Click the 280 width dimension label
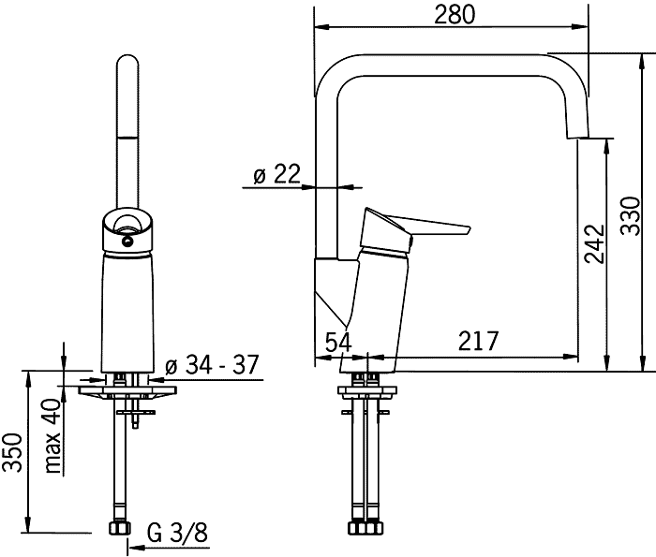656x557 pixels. click(x=455, y=14)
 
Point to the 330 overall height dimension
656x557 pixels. click(x=631, y=216)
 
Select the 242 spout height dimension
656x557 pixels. click(x=594, y=244)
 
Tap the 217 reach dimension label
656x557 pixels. click(x=479, y=341)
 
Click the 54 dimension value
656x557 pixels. click(x=338, y=342)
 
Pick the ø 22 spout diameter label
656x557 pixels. click(x=277, y=174)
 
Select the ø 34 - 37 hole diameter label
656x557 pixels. click(x=212, y=365)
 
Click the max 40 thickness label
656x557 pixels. click(x=52, y=436)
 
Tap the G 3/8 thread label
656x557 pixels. click(x=177, y=533)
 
